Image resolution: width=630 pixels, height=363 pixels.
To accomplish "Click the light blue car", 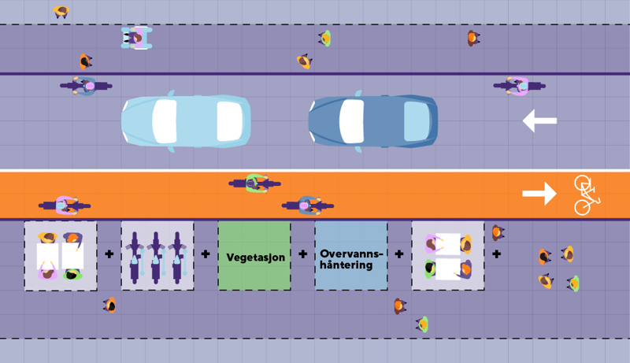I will tap(186, 121).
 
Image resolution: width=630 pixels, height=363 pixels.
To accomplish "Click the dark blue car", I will tap(372, 121).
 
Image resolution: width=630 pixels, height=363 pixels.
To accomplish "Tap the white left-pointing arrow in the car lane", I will tap(539, 120).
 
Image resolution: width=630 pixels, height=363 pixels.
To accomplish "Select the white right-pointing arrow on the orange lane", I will tap(539, 194).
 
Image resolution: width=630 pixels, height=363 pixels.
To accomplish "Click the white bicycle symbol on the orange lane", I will tap(585, 194).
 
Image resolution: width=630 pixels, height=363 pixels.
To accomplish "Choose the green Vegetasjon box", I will tap(254, 256).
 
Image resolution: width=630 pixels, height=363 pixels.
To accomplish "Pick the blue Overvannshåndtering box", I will tap(351, 256).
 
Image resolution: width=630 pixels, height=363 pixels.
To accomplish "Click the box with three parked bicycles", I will tap(157, 256).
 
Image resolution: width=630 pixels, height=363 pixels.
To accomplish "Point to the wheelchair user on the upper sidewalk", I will tap(136, 37).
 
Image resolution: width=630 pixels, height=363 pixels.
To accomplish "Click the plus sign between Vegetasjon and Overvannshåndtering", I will tap(302, 254).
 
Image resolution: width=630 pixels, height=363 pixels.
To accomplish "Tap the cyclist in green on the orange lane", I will tap(255, 183).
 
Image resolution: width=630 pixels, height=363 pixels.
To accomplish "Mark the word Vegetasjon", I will tap(254, 257).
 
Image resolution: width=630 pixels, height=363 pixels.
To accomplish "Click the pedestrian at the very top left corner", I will tap(61, 11).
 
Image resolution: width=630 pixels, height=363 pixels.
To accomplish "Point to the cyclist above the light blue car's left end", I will tap(86, 85).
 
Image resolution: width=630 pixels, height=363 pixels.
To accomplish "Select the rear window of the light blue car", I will tap(229, 121).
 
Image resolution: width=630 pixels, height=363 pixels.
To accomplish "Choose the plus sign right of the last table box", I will tap(496, 254).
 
